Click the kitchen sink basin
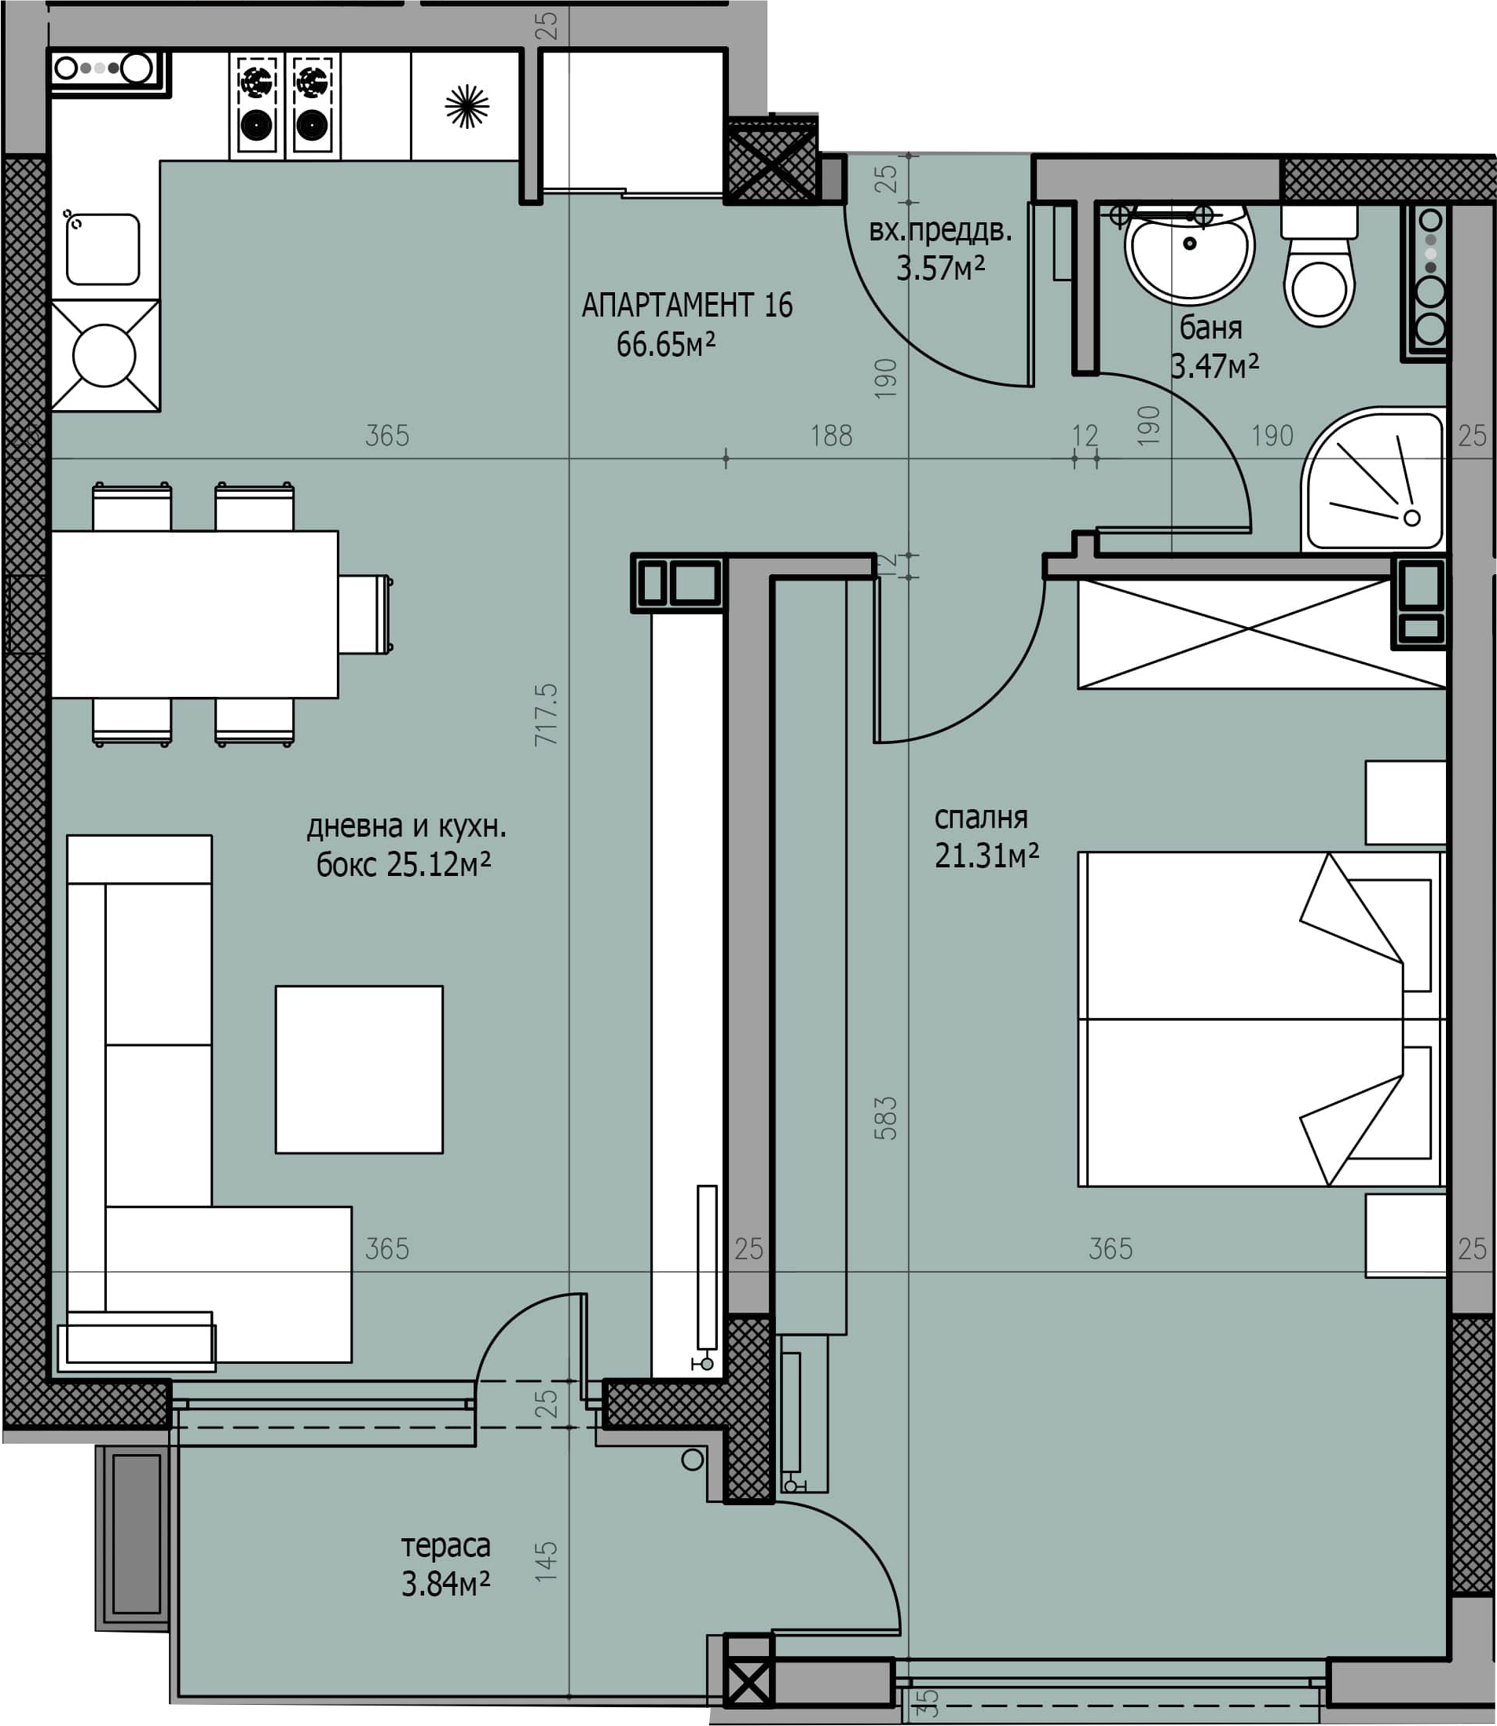[x=103, y=249]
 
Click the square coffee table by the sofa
[x=359, y=1069]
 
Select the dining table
[x=195, y=614]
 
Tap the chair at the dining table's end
[x=365, y=614]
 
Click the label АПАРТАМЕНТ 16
[x=686, y=306]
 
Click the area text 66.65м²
[x=666, y=344]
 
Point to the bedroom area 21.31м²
[x=986, y=856]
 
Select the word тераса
[x=445, y=1546]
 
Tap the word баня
[x=1210, y=328]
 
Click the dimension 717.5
[x=546, y=714]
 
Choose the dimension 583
[x=885, y=1118]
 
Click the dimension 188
[x=831, y=435]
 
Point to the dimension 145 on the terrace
[x=546, y=1562]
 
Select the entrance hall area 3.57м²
[x=941, y=268]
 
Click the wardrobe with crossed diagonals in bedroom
[x=1261, y=634]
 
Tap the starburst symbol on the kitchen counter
[x=467, y=106]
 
